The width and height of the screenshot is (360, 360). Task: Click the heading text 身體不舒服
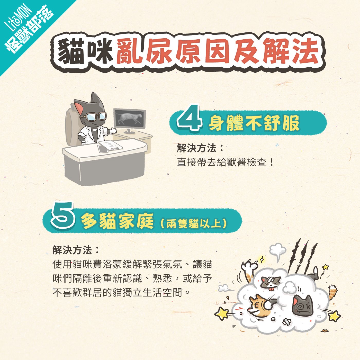coord(254,123)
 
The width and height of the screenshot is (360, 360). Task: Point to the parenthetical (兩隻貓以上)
coord(194,223)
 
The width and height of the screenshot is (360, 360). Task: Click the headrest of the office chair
coord(73,113)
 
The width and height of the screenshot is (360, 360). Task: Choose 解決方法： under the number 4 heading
coord(200,148)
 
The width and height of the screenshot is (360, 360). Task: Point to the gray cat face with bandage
coord(271,282)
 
